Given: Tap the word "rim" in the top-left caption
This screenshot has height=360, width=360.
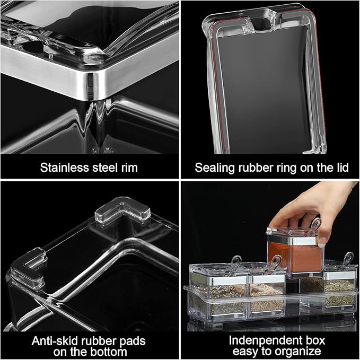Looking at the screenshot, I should (x=127, y=168).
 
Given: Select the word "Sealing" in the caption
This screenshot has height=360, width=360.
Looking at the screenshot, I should (x=214, y=168).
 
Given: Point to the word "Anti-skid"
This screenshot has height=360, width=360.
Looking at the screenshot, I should (x=55, y=340).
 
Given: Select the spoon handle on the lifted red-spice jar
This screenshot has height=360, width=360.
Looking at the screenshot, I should (x=316, y=225).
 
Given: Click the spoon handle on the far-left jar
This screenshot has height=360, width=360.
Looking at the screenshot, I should (x=235, y=262).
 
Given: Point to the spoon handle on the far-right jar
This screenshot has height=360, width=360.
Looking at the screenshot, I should (x=348, y=260).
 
